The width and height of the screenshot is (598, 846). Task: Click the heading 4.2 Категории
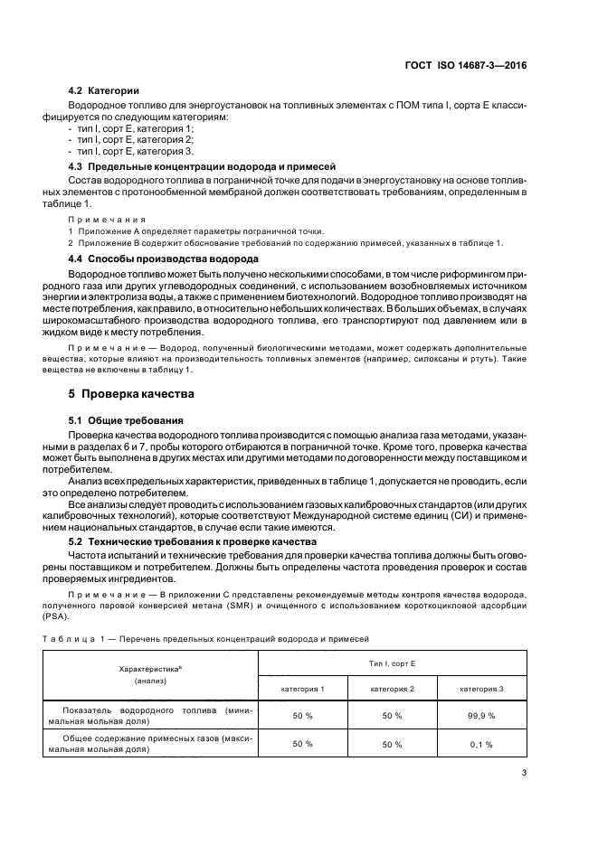tap(104, 91)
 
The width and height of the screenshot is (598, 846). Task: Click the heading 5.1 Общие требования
tap(127, 421)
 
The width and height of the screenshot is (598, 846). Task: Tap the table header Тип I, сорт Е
tap(392, 663)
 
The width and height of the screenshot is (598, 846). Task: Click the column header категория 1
tap(303, 689)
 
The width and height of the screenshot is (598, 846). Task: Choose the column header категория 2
tap(392, 689)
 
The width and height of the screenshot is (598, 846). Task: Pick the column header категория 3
tap(481, 689)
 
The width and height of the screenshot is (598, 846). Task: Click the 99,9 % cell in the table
tap(481, 715)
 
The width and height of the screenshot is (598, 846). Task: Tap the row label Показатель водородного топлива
tap(151, 715)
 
